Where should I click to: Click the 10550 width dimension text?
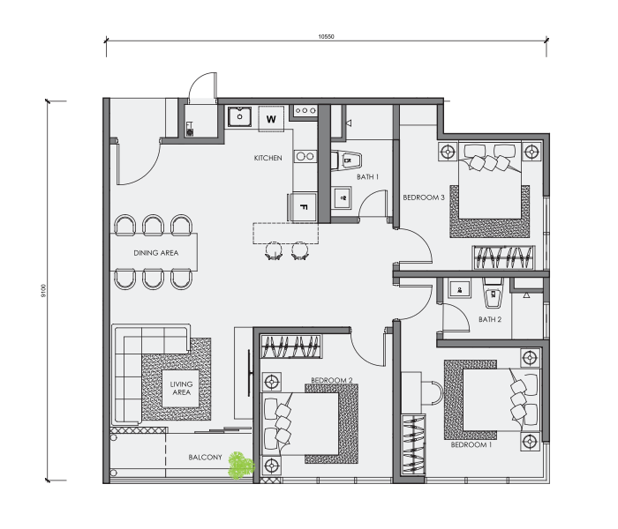[x=327, y=37]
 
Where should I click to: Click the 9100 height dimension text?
[x=43, y=291]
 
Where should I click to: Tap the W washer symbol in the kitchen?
[x=271, y=119]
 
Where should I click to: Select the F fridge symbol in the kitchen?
[x=303, y=206]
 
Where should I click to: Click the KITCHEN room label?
[x=268, y=158]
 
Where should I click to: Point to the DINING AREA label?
[x=156, y=253]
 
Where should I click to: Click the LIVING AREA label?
[x=181, y=388]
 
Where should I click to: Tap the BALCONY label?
[x=205, y=457]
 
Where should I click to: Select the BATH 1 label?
[x=367, y=176]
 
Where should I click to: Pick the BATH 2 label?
[x=490, y=319]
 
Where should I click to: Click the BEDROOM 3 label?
[x=424, y=197]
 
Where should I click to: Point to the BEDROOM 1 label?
[x=471, y=444]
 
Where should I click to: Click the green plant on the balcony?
[x=241, y=466]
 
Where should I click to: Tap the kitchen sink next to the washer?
[x=239, y=116]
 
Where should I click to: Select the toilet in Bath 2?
[x=493, y=294]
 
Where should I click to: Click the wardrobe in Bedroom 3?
[x=503, y=257]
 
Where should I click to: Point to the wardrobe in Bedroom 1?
[x=413, y=444]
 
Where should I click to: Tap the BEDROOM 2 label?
[x=331, y=380]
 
